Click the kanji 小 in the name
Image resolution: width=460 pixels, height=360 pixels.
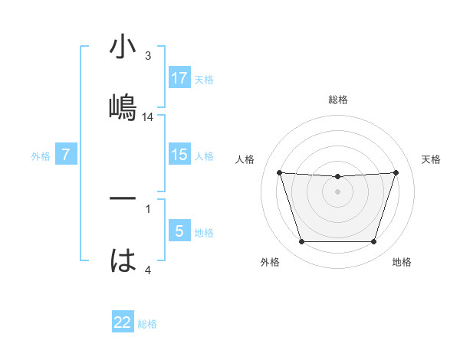pyautogui.click(x=123, y=47)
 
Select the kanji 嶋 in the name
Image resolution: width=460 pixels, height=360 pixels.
pyautogui.click(x=123, y=106)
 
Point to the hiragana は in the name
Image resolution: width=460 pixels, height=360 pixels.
pyautogui.click(x=123, y=260)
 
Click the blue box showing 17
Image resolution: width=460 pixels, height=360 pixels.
pyautogui.click(x=179, y=78)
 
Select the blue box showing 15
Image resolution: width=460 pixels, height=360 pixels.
pyautogui.click(x=179, y=155)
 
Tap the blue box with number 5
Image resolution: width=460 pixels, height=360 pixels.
pyautogui.click(x=179, y=231)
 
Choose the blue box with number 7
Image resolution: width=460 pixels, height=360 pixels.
pyautogui.click(x=66, y=155)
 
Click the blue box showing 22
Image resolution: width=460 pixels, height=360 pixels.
pyautogui.click(x=123, y=322)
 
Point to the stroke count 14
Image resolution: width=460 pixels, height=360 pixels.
pyautogui.click(x=148, y=117)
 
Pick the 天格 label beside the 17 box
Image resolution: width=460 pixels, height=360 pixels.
pyautogui.click(x=204, y=79)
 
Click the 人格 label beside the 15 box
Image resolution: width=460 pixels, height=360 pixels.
pyautogui.click(x=204, y=155)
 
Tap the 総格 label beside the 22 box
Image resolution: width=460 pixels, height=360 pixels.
pyautogui.click(x=147, y=323)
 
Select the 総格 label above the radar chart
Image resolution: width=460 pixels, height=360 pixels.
pyautogui.click(x=337, y=100)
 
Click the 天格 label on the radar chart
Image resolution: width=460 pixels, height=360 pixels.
pyautogui.click(x=432, y=159)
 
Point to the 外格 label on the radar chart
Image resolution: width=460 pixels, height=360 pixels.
pyautogui.click(x=269, y=262)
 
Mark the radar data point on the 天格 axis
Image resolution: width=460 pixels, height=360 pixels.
pyautogui.click(x=396, y=172)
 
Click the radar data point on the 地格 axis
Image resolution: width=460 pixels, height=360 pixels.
pyautogui.click(x=373, y=242)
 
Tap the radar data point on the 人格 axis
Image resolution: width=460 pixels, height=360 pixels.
pyautogui.click(x=279, y=172)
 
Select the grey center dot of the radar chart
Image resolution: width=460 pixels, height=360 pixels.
pyautogui.click(x=337, y=191)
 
